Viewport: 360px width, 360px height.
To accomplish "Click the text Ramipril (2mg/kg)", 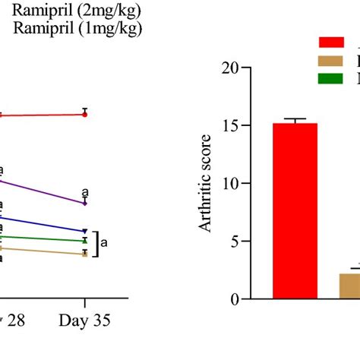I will pyautogui.click(x=71, y=12).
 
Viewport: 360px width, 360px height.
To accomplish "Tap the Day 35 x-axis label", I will pyautogui.click(x=85, y=321).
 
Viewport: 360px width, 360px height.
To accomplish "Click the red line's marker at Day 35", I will pyautogui.click(x=85, y=114).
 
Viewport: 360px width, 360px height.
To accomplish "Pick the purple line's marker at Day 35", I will pyautogui.click(x=85, y=203).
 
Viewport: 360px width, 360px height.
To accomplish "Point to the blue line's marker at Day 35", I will pyautogui.click(x=85, y=231).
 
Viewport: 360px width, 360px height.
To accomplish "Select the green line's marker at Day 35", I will pyautogui.click(x=85, y=241).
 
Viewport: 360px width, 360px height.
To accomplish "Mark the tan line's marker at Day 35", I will pyautogui.click(x=85, y=254).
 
